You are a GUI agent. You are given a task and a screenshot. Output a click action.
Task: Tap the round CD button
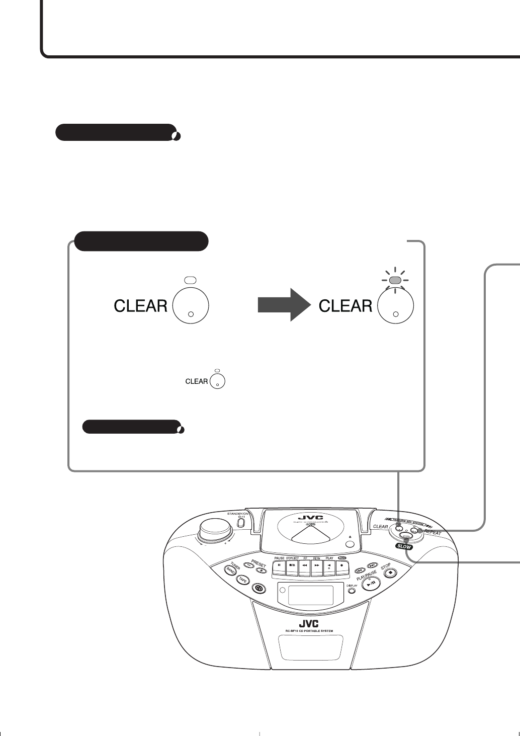point(259,588)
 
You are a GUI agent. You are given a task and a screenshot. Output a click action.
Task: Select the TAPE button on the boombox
point(243,580)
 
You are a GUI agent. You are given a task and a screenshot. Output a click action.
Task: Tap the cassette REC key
point(342,565)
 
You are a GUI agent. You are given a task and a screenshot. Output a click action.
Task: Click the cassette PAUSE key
point(280,565)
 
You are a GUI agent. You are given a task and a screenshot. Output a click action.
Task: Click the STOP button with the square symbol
point(391,571)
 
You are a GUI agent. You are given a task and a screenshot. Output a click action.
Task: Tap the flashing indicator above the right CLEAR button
point(395,280)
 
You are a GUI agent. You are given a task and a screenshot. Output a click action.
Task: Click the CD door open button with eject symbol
point(351,544)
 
